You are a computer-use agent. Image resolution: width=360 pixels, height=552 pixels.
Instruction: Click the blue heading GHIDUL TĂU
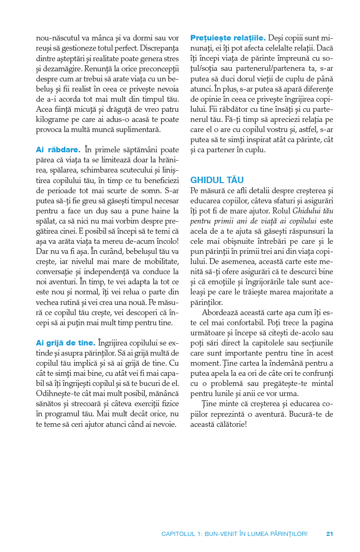pyautogui.click(x=217, y=180)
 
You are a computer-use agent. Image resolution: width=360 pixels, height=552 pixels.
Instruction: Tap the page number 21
pyautogui.click(x=329, y=534)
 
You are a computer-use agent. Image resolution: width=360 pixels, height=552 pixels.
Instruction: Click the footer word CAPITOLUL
pyautogui.click(x=179, y=534)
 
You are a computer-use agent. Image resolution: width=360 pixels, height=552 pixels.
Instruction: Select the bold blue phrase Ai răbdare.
pyautogui.click(x=58, y=149)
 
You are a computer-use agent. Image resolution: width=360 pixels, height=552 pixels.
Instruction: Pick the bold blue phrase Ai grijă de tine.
pyautogui.click(x=66, y=343)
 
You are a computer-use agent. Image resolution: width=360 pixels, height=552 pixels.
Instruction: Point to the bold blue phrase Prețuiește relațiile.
pyautogui.click(x=228, y=37)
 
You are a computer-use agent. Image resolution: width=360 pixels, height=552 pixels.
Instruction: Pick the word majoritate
pyautogui.click(x=302, y=292)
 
